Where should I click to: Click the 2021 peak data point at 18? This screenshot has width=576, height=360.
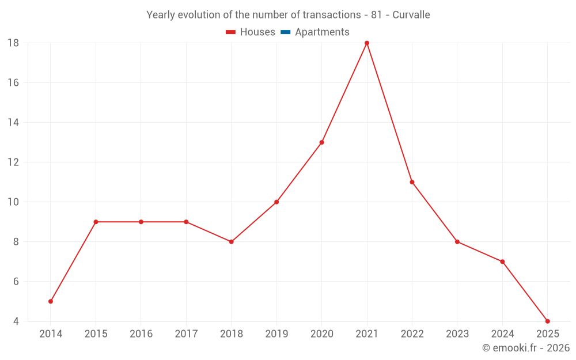click(367, 43)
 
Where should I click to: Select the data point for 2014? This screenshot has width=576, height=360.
click(51, 301)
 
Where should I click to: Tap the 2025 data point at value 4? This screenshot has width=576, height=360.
click(547, 321)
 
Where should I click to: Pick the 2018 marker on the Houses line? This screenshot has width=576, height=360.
click(231, 242)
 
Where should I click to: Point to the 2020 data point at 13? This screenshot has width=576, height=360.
click(321, 142)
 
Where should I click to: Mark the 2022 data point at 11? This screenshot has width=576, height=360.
click(412, 182)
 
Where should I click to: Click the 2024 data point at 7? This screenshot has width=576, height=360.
click(502, 262)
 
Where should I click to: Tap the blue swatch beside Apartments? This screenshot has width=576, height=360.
click(286, 32)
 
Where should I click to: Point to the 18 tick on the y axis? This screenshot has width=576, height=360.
click(13, 43)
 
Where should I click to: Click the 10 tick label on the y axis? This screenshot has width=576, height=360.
click(13, 202)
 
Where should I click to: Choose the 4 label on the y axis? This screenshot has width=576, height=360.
click(16, 321)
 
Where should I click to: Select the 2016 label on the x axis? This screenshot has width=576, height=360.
click(141, 334)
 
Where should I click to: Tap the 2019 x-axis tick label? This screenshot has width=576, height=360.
click(276, 334)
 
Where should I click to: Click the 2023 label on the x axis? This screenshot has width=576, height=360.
click(457, 334)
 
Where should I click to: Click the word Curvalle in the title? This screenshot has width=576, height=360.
click(411, 15)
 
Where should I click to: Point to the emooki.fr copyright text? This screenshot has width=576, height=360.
click(525, 348)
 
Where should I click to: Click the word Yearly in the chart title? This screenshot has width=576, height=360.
click(161, 15)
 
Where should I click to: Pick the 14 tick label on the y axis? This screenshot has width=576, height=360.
click(13, 123)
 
